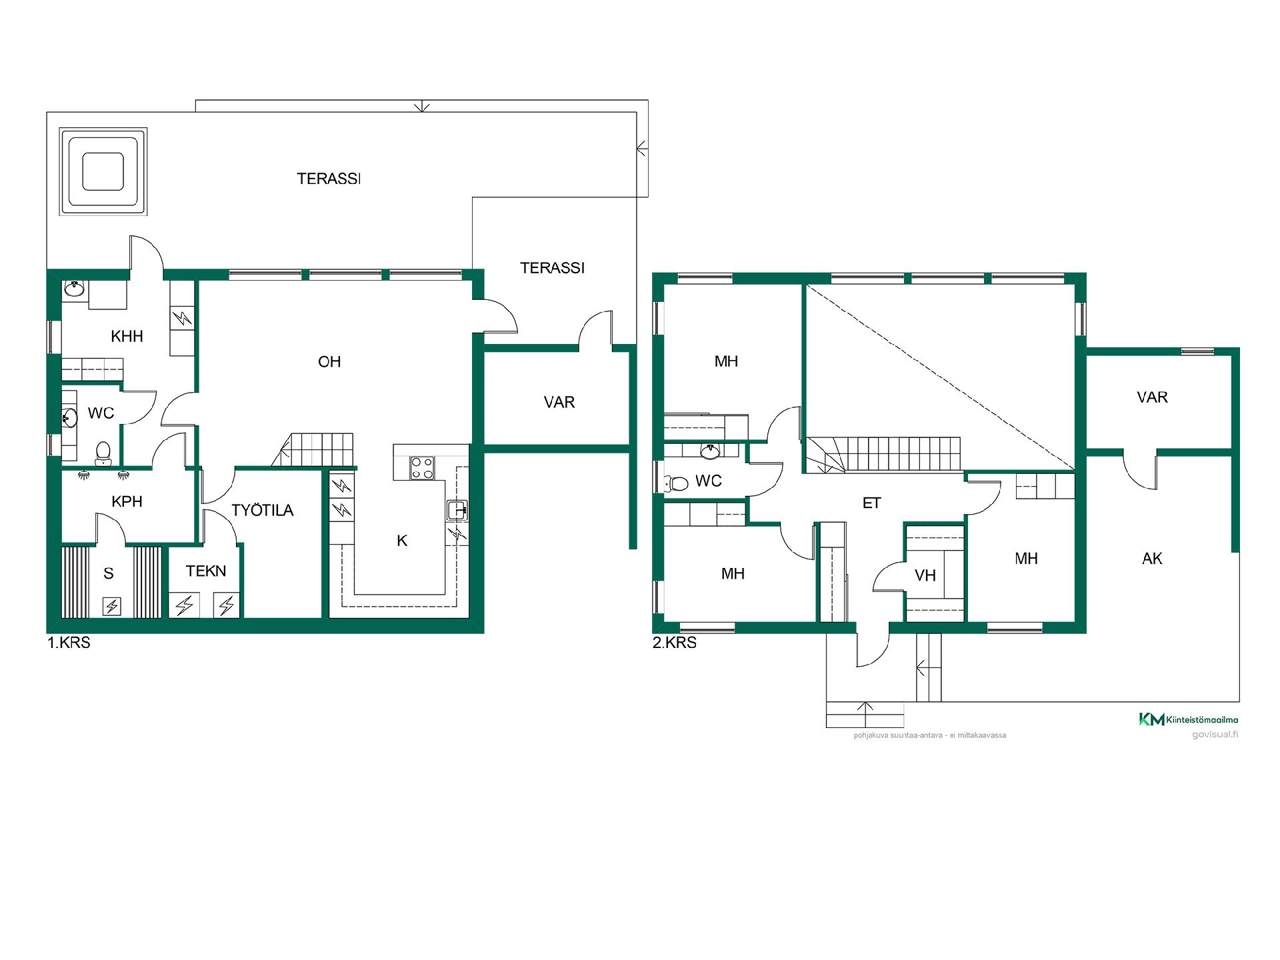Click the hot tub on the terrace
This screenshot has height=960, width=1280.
pyautogui.click(x=103, y=172)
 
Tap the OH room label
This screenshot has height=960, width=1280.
pyautogui.click(x=329, y=362)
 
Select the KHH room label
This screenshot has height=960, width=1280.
pyautogui.click(x=127, y=336)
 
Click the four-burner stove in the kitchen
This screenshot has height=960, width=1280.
pyautogui.click(x=422, y=467)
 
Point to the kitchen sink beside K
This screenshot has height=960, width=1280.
pyautogui.click(x=457, y=510)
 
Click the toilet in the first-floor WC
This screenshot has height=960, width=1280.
pyautogui.click(x=103, y=453)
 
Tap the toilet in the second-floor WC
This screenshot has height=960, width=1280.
pyautogui.click(x=676, y=482)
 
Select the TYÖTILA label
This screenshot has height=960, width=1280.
pyautogui.click(x=263, y=511)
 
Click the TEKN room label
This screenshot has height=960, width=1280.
pyautogui.click(x=206, y=571)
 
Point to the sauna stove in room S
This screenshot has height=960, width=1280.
pyautogui.click(x=112, y=606)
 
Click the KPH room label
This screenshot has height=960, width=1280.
pyautogui.click(x=127, y=501)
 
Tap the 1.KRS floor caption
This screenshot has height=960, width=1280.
pyautogui.click(x=69, y=643)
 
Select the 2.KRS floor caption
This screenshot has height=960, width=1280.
pyautogui.click(x=675, y=643)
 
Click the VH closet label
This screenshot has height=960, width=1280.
pyautogui.click(x=925, y=575)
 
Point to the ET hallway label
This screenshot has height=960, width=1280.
pyautogui.click(x=872, y=503)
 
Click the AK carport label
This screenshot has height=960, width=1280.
pyautogui.click(x=1152, y=559)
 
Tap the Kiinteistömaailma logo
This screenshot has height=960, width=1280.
pyautogui.click(x=1188, y=719)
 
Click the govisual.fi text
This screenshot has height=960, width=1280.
pyautogui.click(x=1215, y=735)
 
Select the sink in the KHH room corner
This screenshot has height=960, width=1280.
pyautogui.click(x=74, y=289)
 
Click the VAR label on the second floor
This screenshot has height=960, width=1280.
pyautogui.click(x=1152, y=397)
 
